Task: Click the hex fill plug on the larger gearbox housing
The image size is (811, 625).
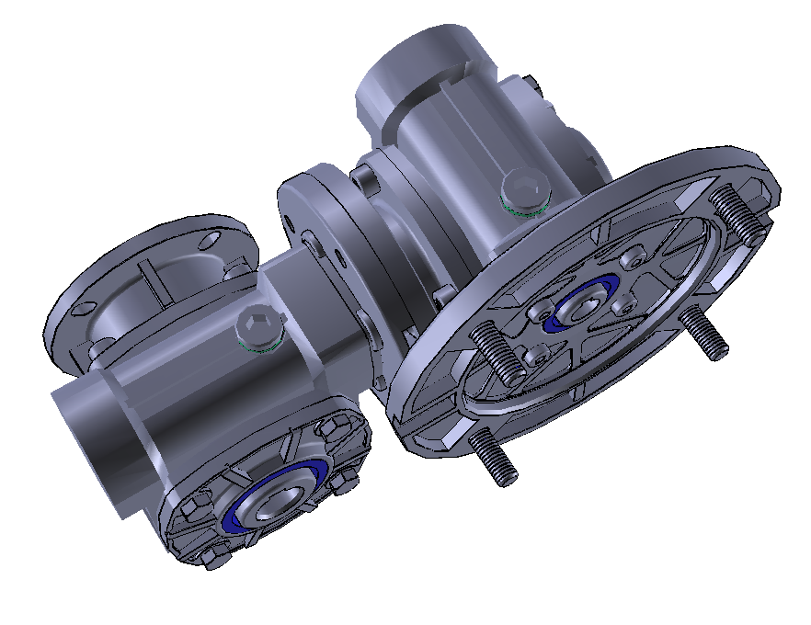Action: pos(522,190)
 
